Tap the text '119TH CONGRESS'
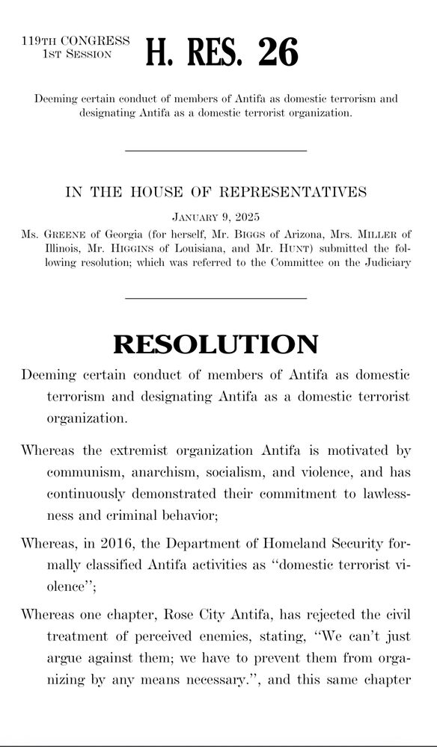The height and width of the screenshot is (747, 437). click(75, 41)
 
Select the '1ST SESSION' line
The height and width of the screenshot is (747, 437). click(78, 54)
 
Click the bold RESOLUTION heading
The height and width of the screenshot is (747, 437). click(216, 344)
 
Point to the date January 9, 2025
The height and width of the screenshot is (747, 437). click(216, 217)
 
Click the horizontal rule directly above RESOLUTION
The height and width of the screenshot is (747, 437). click(216, 299)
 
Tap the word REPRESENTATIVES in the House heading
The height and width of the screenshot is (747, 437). click(293, 192)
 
